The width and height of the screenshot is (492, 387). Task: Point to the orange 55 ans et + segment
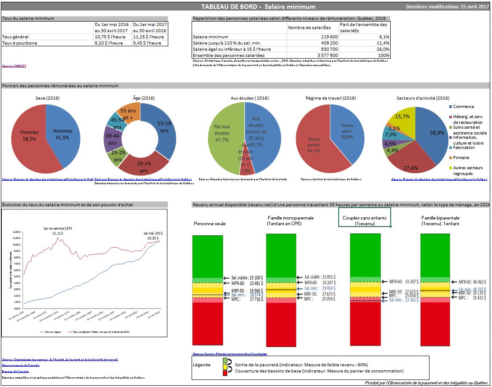[130, 112]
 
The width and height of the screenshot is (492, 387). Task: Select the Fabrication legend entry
[462, 148]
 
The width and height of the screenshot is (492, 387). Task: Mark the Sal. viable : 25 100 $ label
[247, 278]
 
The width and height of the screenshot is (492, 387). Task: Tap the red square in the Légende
[226, 373]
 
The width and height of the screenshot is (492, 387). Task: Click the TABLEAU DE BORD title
[258, 7]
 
